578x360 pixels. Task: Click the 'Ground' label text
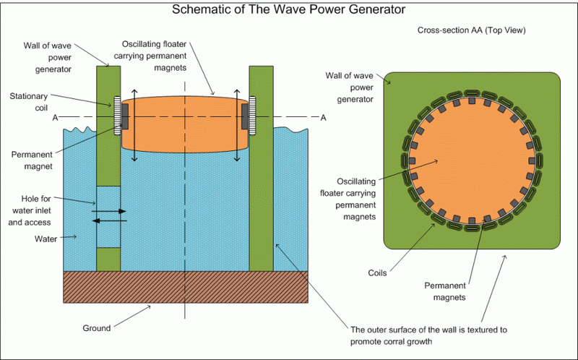[95, 327]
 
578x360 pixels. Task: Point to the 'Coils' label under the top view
[377, 273]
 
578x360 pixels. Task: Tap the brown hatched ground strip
[186, 286]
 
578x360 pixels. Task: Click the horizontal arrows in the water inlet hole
[109, 215]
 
